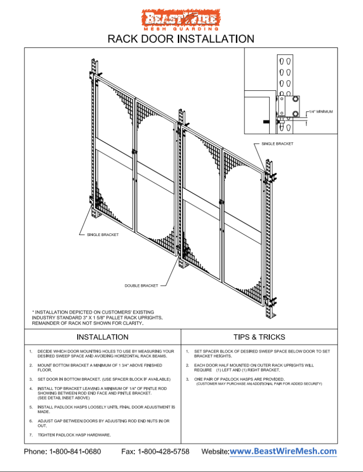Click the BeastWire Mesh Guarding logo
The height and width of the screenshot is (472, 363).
coord(181,20)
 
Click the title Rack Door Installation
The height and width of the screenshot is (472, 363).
coord(181,39)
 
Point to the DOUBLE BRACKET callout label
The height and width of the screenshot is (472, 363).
coord(141,286)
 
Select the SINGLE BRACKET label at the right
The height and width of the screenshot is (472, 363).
coord(277,144)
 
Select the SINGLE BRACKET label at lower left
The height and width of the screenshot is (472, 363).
coord(103,235)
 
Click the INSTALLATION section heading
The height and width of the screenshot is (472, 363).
coord(103,337)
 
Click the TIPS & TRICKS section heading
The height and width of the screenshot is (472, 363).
coord(259,337)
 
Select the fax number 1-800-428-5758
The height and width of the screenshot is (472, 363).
coord(163,451)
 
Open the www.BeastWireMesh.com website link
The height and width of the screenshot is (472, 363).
coord(283,451)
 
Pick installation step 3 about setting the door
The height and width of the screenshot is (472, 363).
coord(104,379)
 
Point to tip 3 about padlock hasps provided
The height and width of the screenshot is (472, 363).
coord(239,379)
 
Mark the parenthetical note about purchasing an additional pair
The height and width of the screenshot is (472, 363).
coord(259,384)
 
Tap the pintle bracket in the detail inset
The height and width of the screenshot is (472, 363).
coord(291,107)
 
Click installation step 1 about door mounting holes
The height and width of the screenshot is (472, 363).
coord(106,354)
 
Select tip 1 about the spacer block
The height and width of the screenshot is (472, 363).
coord(261,354)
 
